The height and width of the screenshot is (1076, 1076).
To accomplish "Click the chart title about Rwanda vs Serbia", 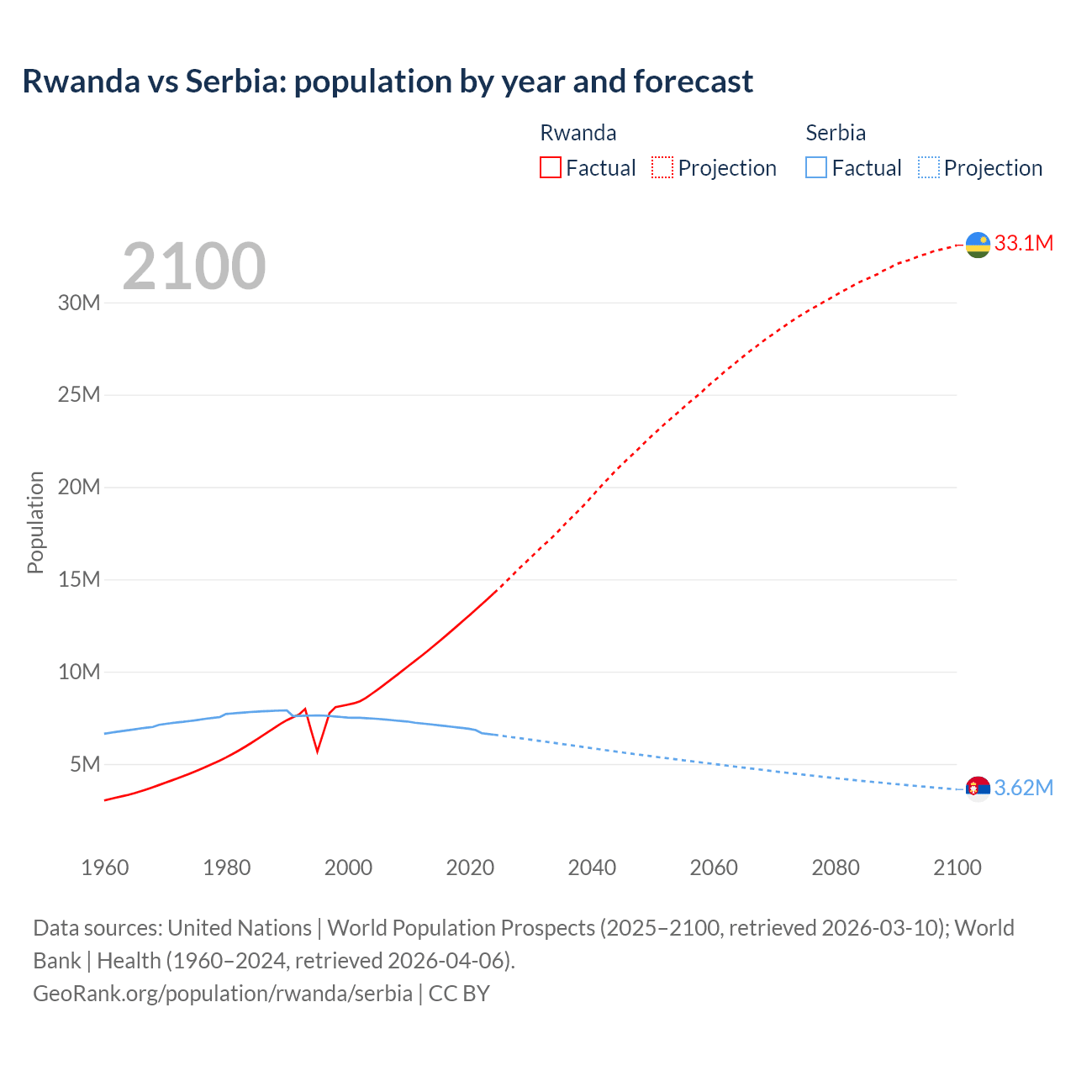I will (x=388, y=82).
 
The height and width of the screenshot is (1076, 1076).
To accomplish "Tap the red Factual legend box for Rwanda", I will (x=550, y=167).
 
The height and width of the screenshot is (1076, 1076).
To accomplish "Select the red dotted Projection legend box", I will (x=662, y=167).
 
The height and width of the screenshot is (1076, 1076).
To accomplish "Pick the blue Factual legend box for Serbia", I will (x=815, y=167).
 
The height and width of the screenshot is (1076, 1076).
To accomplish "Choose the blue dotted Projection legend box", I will (x=928, y=167).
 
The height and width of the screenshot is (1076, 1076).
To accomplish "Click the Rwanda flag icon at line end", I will (x=978, y=245).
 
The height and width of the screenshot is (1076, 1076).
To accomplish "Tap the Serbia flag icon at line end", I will (x=978, y=789).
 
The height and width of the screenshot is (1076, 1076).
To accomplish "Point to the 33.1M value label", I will (x=1023, y=244).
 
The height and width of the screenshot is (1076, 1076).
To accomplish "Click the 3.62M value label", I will (x=1023, y=789).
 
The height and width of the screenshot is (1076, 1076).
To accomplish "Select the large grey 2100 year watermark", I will (x=194, y=266).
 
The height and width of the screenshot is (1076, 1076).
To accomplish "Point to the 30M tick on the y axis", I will (x=79, y=303).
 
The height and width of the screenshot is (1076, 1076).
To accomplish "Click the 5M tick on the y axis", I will (x=85, y=764).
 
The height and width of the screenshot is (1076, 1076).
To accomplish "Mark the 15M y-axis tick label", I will (x=79, y=579).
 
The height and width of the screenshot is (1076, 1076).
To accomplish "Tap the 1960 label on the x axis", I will (x=105, y=868).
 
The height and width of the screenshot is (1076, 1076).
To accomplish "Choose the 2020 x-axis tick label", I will (x=470, y=868).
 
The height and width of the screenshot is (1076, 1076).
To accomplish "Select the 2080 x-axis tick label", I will (x=836, y=868).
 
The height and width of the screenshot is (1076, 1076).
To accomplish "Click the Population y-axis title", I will (x=35, y=522).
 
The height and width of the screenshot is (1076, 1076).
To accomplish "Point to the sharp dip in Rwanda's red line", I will (x=317, y=749).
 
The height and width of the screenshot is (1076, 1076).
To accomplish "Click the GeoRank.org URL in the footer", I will (x=223, y=994).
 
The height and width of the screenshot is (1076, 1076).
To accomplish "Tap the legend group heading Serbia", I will (x=836, y=133).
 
